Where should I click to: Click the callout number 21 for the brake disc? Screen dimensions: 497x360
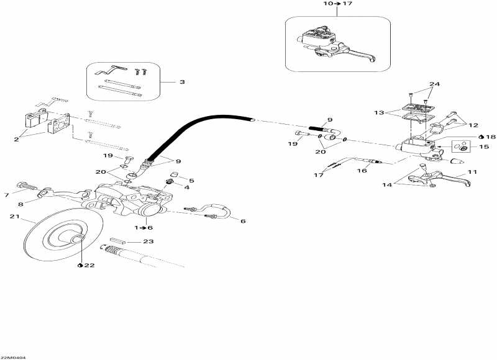click(x=14, y=217)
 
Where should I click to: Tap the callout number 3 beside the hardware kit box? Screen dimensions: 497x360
click(x=182, y=82)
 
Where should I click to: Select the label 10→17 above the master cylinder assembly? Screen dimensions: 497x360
click(x=338, y=4)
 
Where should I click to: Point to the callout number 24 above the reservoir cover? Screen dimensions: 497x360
click(x=434, y=84)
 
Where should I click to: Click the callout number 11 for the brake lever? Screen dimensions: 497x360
click(x=472, y=173)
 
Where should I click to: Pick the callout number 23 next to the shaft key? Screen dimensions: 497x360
click(x=148, y=241)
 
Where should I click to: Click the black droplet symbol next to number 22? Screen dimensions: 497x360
click(x=80, y=265)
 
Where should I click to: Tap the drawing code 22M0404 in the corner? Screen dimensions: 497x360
click(x=12, y=358)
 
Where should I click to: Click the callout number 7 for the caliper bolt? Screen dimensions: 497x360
click(x=7, y=196)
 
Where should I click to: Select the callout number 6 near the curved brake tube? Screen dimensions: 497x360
click(x=243, y=221)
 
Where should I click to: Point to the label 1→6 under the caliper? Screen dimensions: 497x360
click(x=144, y=228)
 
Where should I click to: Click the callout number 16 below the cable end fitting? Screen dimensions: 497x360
click(x=362, y=171)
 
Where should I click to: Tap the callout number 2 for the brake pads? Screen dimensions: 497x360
click(x=17, y=139)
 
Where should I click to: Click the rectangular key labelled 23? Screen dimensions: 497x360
click(x=117, y=241)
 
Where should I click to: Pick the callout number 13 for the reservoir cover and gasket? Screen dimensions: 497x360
click(x=379, y=113)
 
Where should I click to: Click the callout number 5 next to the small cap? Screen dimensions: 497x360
click(x=191, y=181)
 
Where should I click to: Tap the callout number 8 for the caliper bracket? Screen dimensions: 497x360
click(x=21, y=204)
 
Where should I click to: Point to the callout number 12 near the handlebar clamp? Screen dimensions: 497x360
click(x=473, y=125)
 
